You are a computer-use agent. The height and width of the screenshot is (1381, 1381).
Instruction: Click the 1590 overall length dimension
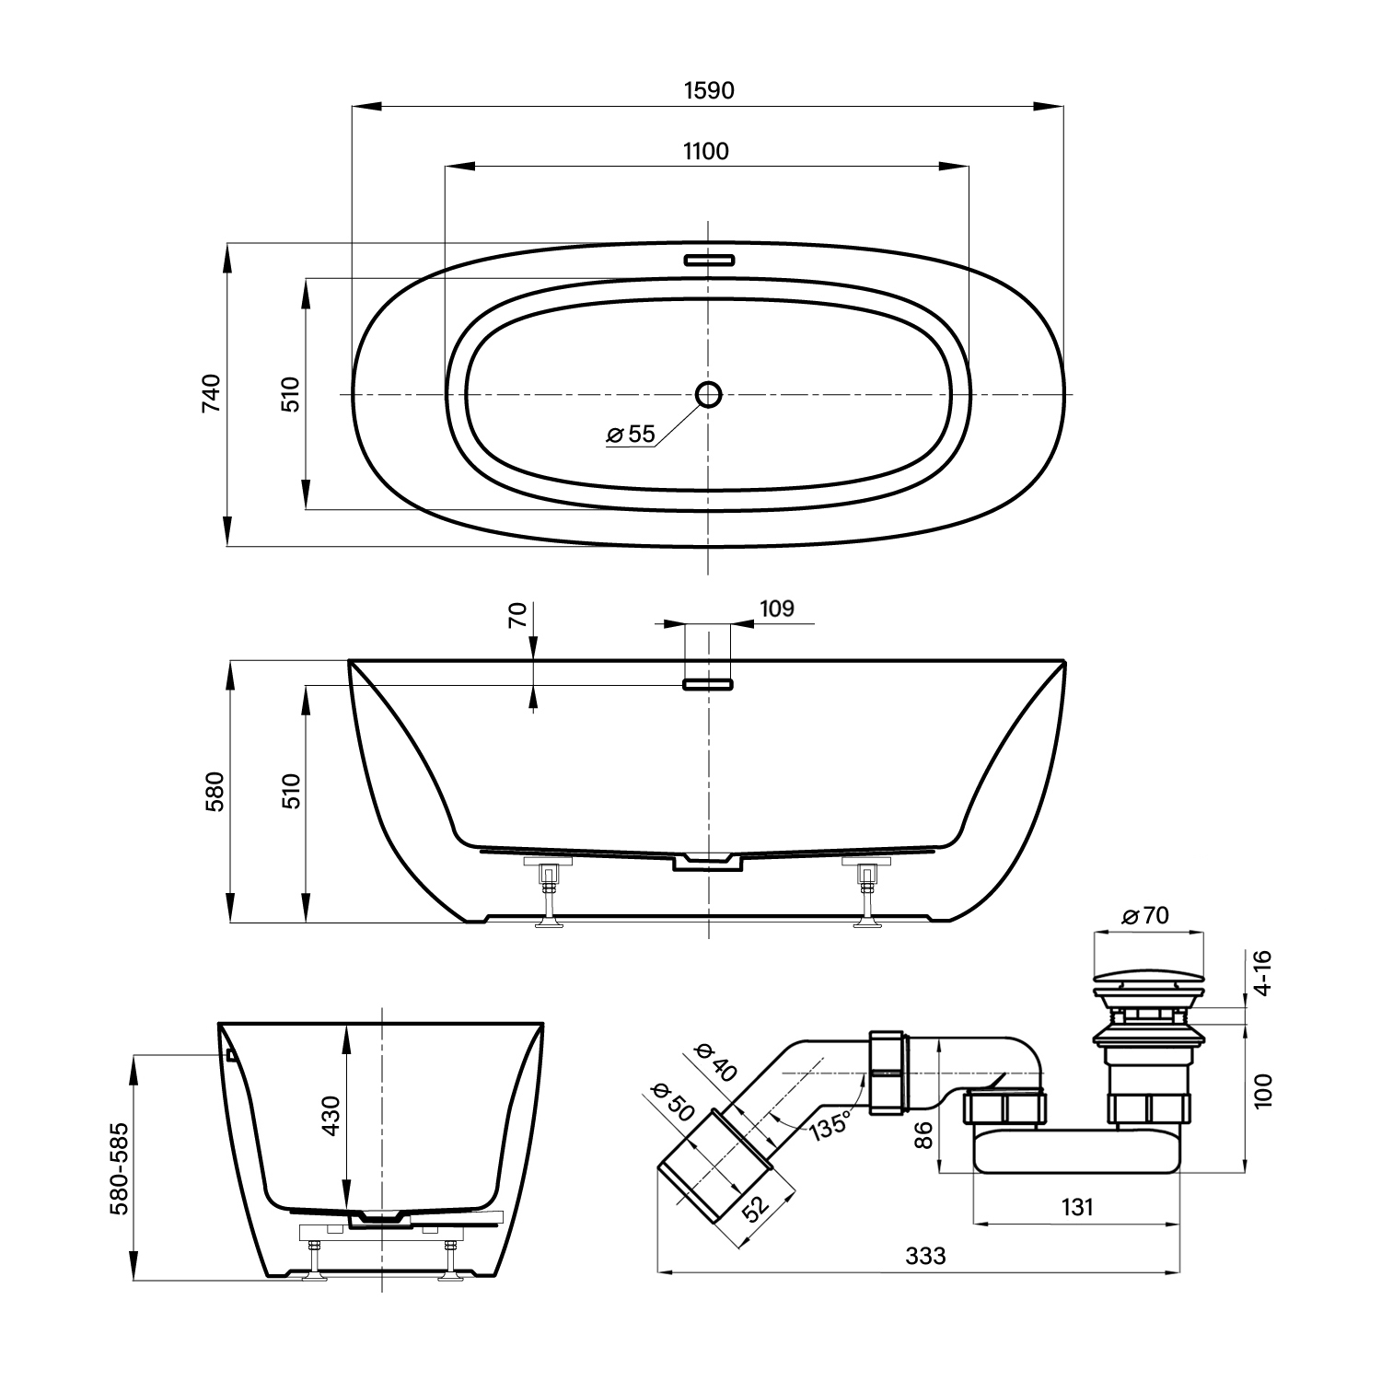tap(709, 90)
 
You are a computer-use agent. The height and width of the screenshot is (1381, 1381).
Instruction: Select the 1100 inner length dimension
tap(706, 151)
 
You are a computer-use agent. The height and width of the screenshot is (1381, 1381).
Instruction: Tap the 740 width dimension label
tap(212, 393)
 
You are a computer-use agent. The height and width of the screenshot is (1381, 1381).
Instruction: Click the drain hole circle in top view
tap(708, 394)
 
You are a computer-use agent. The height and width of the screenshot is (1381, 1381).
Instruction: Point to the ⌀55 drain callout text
tap(631, 434)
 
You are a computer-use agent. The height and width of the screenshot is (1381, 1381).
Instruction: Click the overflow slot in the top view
tap(708, 259)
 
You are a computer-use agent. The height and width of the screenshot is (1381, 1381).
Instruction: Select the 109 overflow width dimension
tap(777, 609)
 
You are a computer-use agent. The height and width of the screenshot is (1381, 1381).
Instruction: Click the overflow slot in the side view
tap(708, 684)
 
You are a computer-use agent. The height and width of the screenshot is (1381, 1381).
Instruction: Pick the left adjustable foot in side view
tap(551, 894)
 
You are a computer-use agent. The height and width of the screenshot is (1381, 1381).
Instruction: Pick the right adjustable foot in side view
tap(866, 894)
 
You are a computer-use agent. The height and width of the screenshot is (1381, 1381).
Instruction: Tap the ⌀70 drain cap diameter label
tap(1145, 915)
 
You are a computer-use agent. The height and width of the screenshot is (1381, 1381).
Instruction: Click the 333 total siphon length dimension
tap(925, 1256)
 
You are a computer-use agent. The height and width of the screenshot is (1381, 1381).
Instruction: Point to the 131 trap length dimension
tap(1076, 1207)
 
